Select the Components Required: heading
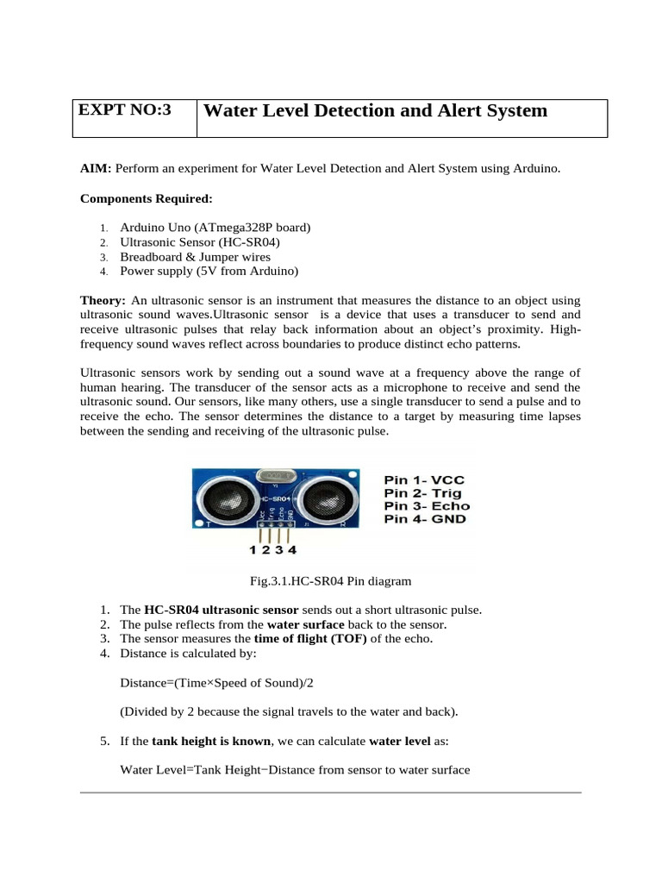pos(146,198)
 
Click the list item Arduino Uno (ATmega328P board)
pos(215,227)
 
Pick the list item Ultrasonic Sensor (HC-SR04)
pos(200,241)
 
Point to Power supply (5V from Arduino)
pos(209,271)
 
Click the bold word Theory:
pos(103,300)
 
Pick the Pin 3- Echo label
pos(426,505)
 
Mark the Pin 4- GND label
pos(425,520)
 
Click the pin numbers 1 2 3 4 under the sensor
pos(272,549)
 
